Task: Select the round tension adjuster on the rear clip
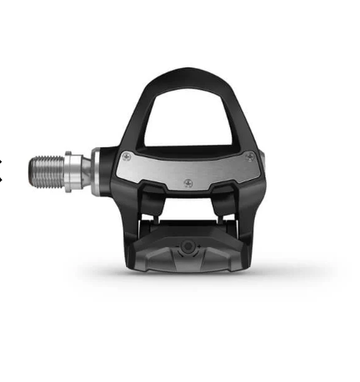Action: coord(188,246)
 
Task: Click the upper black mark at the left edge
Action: coord(2,161)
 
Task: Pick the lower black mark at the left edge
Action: coord(2,176)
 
